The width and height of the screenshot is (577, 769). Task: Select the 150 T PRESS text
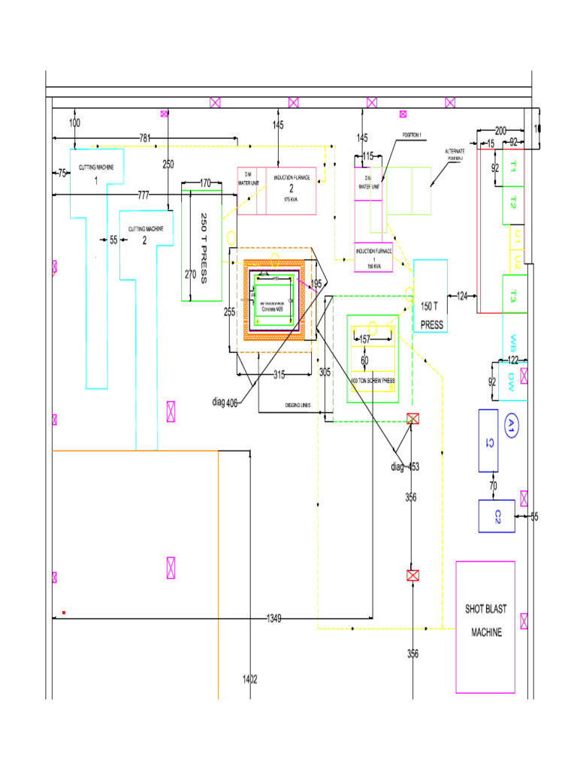click(431, 315)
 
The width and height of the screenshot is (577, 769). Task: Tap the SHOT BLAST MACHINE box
click(485, 620)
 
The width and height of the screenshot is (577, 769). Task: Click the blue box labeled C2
click(497, 516)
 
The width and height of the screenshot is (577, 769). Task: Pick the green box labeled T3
click(514, 294)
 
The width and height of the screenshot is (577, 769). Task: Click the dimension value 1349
click(274, 618)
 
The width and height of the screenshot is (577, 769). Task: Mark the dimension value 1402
click(250, 679)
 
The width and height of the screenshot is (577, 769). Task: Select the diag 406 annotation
click(225, 403)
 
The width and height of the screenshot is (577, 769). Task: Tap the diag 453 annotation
click(405, 467)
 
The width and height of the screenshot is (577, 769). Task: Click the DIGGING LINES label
click(298, 406)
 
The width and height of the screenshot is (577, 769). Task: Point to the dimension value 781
click(145, 137)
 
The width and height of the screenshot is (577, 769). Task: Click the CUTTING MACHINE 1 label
click(96, 173)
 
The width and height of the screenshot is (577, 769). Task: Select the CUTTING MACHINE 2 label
click(145, 234)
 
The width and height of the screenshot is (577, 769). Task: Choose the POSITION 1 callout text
click(412, 135)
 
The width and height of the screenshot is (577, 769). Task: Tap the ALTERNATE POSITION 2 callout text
click(456, 155)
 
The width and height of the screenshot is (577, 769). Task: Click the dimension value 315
click(279, 375)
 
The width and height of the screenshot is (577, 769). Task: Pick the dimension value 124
click(462, 296)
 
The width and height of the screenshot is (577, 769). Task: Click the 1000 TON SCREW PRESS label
click(373, 381)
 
